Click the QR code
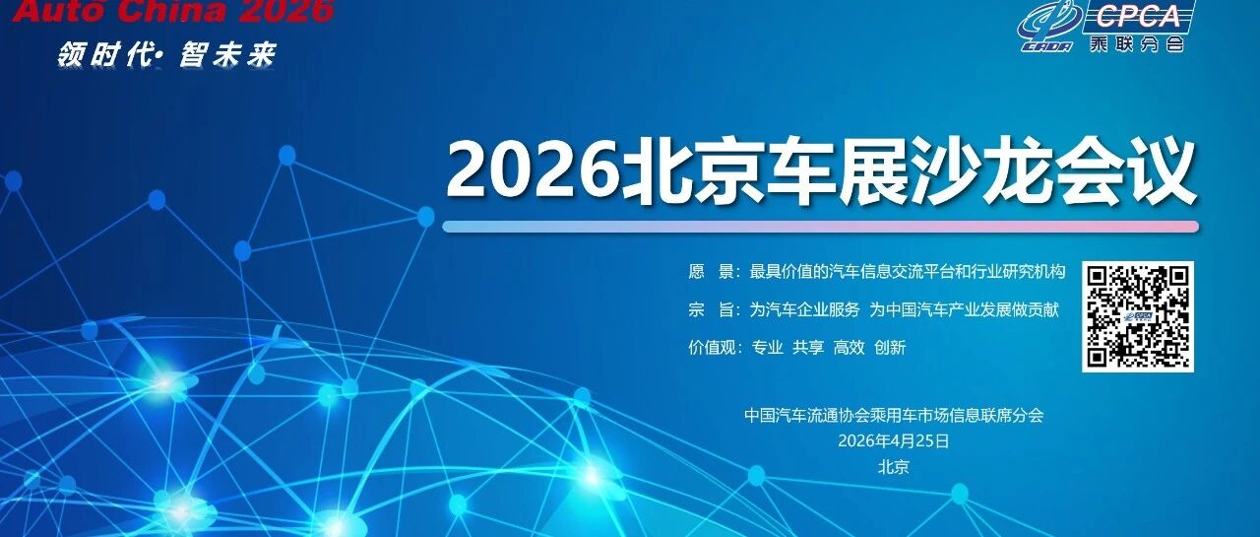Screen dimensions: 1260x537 click(1137, 316)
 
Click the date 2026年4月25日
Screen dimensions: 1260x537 click(893, 440)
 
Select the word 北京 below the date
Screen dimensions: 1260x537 click(893, 467)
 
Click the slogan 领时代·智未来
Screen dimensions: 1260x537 click(167, 55)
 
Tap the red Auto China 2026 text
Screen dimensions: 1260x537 click(172, 11)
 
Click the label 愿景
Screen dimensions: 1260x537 click(711, 271)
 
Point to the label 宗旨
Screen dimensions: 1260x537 click(711, 309)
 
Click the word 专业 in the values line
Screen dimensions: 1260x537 click(767, 347)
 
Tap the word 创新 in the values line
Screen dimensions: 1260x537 click(890, 347)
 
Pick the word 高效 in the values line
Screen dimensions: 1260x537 click(849, 347)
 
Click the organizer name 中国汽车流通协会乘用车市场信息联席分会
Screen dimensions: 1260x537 click(894, 416)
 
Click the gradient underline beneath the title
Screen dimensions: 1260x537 click(821, 227)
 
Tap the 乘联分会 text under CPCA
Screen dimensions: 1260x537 click(1136, 44)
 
